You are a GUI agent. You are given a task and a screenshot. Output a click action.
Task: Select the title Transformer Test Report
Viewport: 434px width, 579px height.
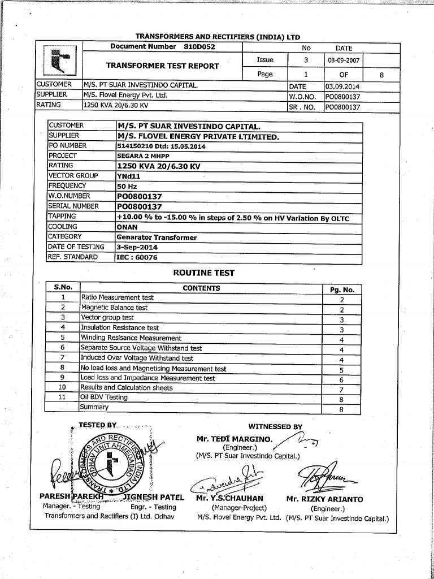pyautogui.click(x=162, y=66)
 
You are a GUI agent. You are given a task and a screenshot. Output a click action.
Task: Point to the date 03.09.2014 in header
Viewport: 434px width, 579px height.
pyautogui.click(x=342, y=87)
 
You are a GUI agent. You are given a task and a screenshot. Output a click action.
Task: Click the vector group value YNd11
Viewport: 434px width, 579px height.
pyautogui.click(x=128, y=176)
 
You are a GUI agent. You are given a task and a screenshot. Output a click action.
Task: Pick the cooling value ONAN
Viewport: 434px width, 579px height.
pyautogui.click(x=127, y=227)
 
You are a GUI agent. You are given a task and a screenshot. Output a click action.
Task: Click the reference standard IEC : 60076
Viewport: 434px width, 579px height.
pyautogui.click(x=137, y=257)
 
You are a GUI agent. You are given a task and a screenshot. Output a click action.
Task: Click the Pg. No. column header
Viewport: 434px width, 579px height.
pyautogui.click(x=342, y=289)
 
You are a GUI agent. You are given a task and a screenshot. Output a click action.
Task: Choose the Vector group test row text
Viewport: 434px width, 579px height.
pyautogui.click(x=107, y=318)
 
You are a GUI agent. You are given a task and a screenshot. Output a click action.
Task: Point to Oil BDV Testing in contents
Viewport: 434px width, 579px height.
pyautogui.click(x=104, y=397)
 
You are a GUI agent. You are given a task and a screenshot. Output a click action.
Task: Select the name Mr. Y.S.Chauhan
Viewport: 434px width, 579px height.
pyautogui.click(x=229, y=499)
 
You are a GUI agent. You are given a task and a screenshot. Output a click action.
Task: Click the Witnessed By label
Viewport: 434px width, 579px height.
pyautogui.click(x=275, y=427)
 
